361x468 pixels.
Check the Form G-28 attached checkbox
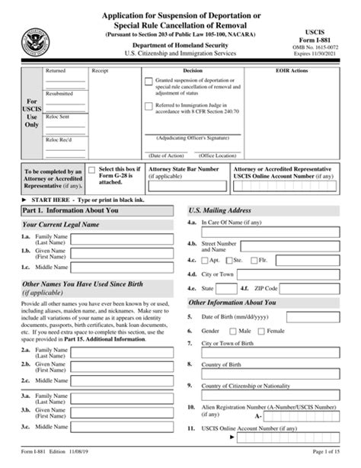92,171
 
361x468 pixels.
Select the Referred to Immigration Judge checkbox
148,107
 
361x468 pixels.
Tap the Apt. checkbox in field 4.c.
205,260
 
